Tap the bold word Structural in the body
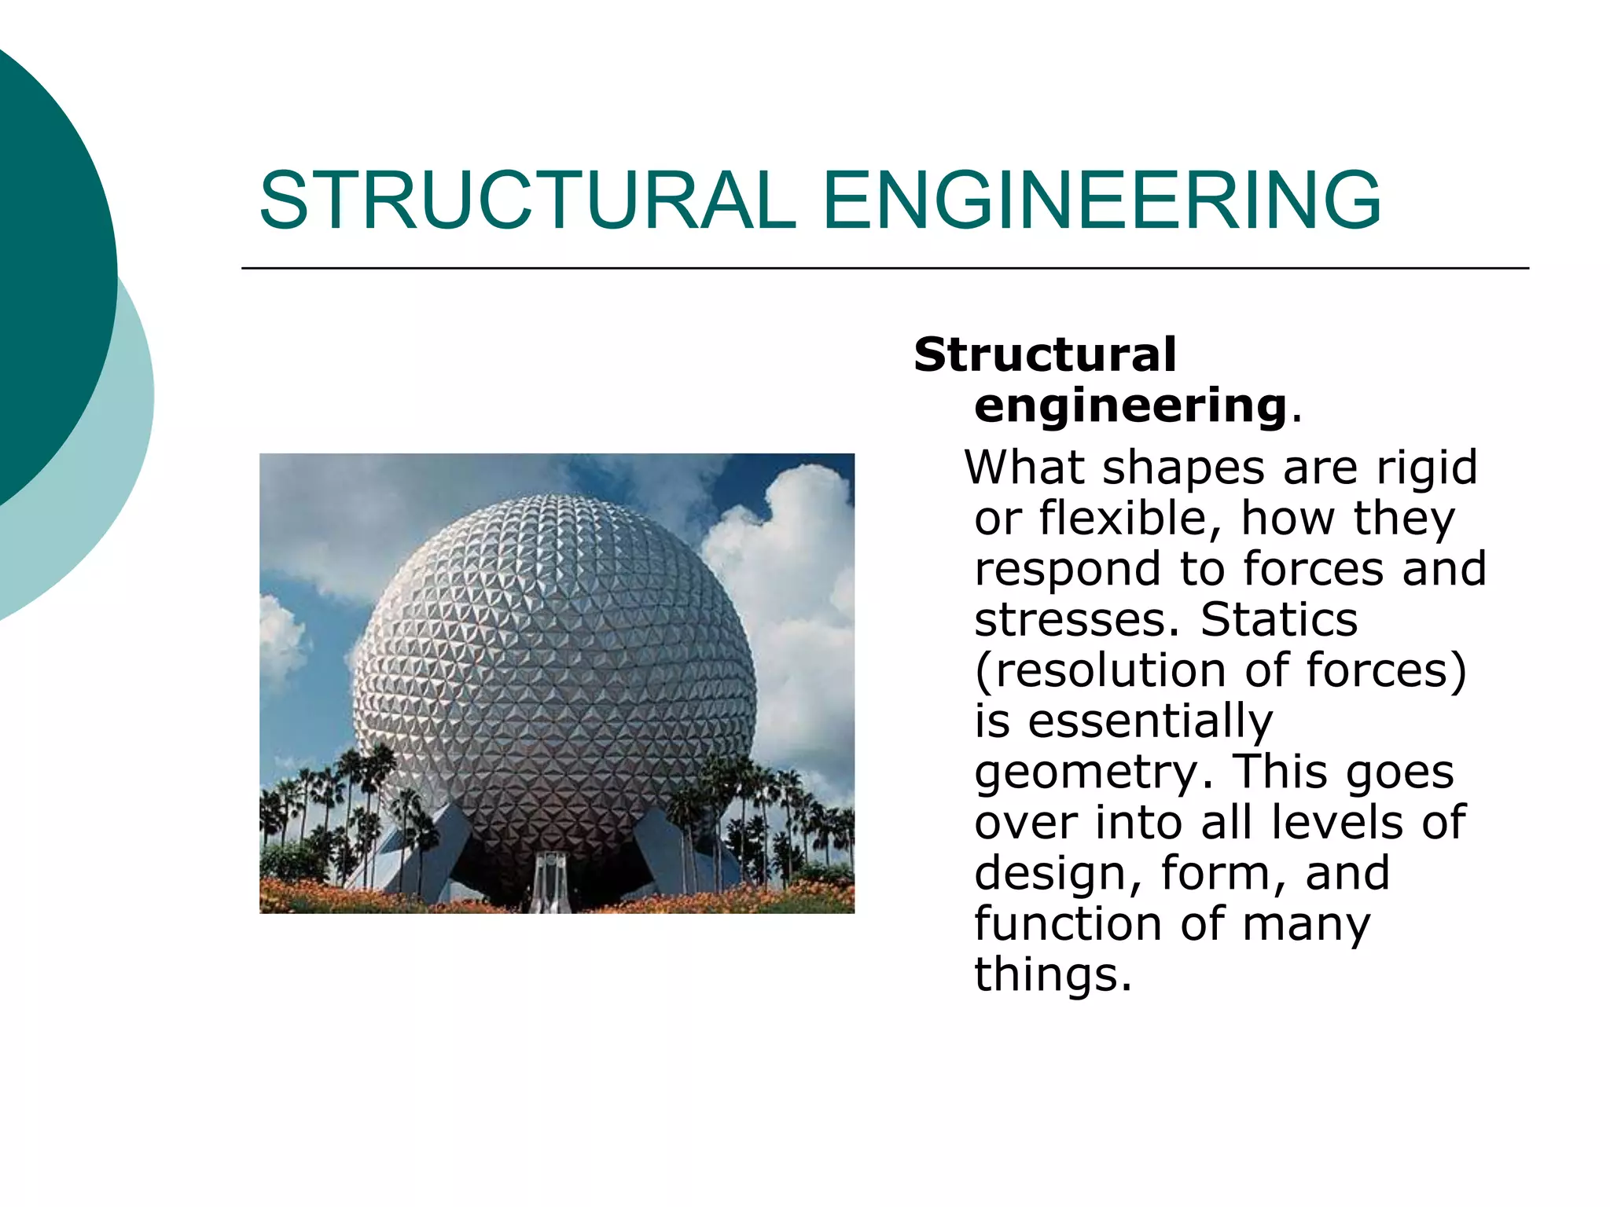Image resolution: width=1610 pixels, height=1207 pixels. click(x=1045, y=355)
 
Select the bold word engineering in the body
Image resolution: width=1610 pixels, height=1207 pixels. click(x=1130, y=406)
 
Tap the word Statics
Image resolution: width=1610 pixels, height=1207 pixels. click(x=1279, y=621)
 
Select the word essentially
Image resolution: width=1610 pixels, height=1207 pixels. click(x=1150, y=722)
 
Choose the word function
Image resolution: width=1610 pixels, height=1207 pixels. click(x=1068, y=924)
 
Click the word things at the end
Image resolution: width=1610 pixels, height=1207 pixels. click(x=1052, y=975)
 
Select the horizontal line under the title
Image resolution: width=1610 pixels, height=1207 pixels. click(x=884, y=269)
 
